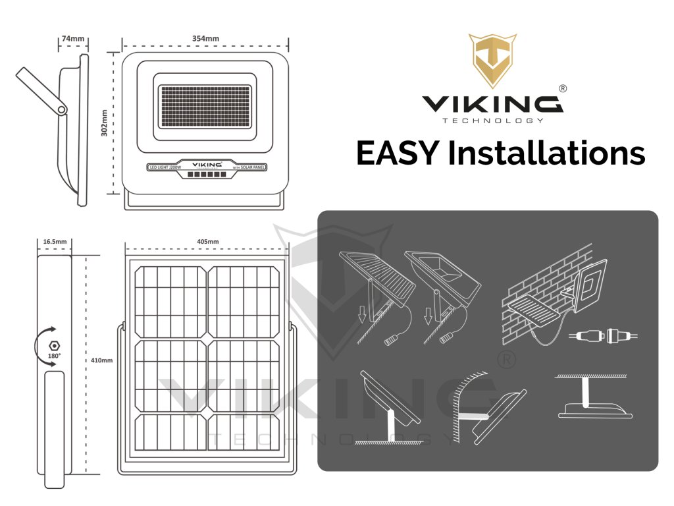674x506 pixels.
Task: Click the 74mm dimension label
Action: (x=73, y=39)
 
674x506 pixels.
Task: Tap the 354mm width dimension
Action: (x=205, y=39)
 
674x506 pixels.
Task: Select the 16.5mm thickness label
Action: (x=55, y=242)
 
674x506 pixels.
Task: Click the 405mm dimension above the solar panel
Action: (x=207, y=242)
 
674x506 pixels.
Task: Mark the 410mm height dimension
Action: (x=103, y=360)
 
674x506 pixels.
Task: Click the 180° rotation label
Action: (x=54, y=356)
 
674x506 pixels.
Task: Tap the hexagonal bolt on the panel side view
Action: (x=55, y=344)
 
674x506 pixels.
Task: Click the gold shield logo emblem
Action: (x=492, y=61)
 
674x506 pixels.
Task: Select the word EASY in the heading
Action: (x=396, y=154)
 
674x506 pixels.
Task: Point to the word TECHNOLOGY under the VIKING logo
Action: (x=492, y=121)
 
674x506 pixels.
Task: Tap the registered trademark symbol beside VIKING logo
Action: (x=563, y=88)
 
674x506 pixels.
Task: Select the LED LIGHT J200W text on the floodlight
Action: (x=166, y=168)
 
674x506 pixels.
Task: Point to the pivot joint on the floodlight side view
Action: (x=61, y=109)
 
